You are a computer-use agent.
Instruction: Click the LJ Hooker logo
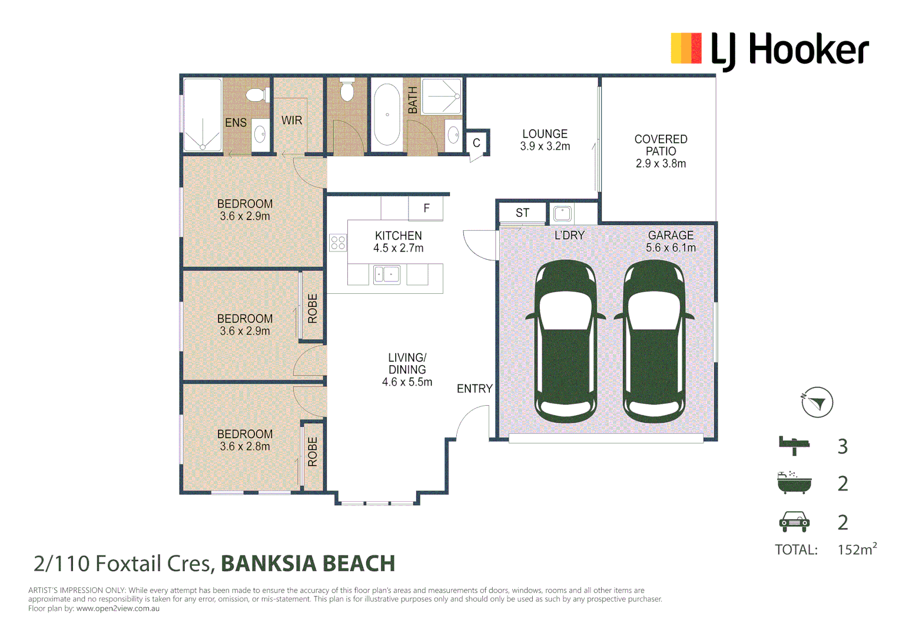click(x=769, y=51)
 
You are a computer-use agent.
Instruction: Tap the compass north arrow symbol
click(x=817, y=402)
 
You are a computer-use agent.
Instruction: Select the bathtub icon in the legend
click(x=794, y=483)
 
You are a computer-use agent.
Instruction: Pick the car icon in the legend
click(x=794, y=522)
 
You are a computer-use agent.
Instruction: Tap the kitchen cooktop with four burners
click(x=337, y=243)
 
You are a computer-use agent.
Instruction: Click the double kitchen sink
click(x=387, y=274)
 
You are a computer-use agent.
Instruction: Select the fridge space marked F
click(x=426, y=208)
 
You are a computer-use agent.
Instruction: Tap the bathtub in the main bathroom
click(x=387, y=114)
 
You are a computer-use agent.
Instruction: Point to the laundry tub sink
click(x=562, y=214)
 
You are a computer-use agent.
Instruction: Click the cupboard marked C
click(x=476, y=143)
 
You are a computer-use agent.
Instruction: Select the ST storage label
click(x=522, y=213)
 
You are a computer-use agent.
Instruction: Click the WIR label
click(x=291, y=120)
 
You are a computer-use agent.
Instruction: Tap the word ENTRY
click(x=475, y=389)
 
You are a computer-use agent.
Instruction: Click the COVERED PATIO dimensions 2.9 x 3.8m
click(x=661, y=164)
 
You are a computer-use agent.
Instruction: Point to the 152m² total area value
click(x=857, y=548)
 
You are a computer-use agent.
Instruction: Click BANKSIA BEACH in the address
click(x=308, y=564)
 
